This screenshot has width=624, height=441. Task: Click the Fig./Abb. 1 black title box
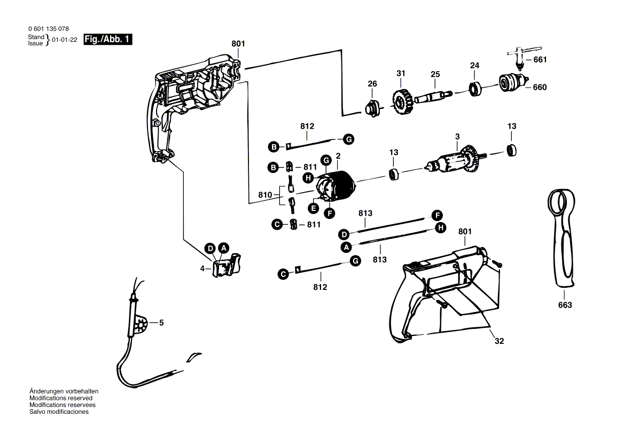pyautogui.click(x=108, y=40)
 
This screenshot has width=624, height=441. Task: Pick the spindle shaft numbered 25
pyautogui.click(x=435, y=96)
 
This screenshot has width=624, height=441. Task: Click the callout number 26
pyautogui.click(x=372, y=84)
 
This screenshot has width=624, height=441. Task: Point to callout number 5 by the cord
pyautogui.click(x=161, y=322)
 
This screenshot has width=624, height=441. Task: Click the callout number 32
pyautogui.click(x=499, y=341)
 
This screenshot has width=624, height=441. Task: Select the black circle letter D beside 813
pyautogui.click(x=345, y=234)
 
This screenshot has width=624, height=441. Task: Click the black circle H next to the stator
pyautogui.click(x=308, y=177)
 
